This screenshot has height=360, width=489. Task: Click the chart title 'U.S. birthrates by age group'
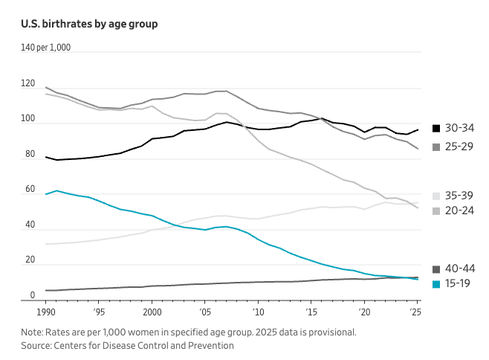click(x=89, y=24)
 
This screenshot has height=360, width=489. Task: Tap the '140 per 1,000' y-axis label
click(x=46, y=48)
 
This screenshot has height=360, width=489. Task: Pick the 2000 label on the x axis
click(x=152, y=312)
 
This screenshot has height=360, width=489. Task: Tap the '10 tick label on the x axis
click(x=259, y=312)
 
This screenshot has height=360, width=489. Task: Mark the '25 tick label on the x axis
click(x=416, y=312)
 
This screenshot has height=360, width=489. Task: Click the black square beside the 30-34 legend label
click(x=436, y=128)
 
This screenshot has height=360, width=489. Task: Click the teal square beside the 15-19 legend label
click(x=436, y=283)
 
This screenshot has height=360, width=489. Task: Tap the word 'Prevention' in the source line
click(x=211, y=345)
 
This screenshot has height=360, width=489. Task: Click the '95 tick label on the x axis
click(x=99, y=312)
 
